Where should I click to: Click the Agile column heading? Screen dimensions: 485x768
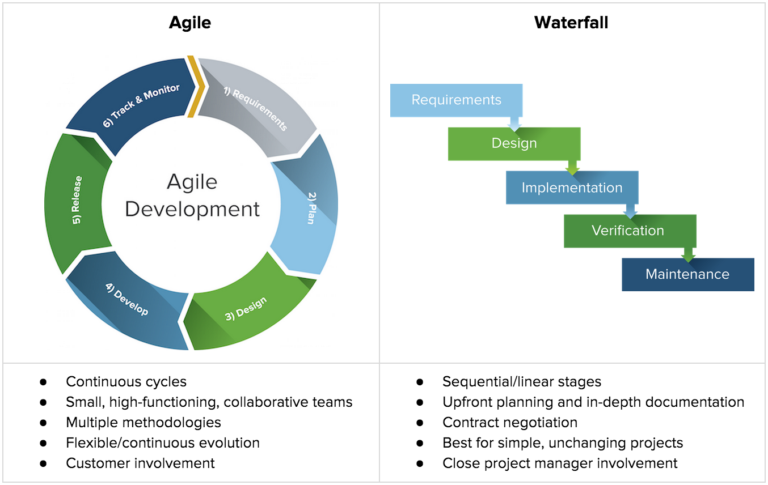[x=190, y=23]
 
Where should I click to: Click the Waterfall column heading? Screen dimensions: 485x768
[x=571, y=23]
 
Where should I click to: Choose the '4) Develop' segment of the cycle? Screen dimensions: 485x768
[x=128, y=300]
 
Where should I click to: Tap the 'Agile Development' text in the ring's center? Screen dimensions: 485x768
[x=192, y=195]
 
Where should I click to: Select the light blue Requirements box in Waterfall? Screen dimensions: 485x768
[x=456, y=100]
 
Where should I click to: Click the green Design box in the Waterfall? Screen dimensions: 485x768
[x=514, y=143]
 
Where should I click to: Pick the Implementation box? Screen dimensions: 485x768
[x=572, y=188]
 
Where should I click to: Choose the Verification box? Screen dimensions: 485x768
[x=628, y=231]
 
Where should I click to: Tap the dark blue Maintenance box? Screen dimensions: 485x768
[x=687, y=274]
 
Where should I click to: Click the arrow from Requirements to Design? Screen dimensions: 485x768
[x=514, y=123]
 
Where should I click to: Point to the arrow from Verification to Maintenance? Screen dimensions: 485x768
[x=688, y=254]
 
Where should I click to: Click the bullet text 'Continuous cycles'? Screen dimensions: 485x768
[x=126, y=382]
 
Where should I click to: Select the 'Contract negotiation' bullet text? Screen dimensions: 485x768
[x=509, y=423]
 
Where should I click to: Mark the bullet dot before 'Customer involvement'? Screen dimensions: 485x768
[x=43, y=463]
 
